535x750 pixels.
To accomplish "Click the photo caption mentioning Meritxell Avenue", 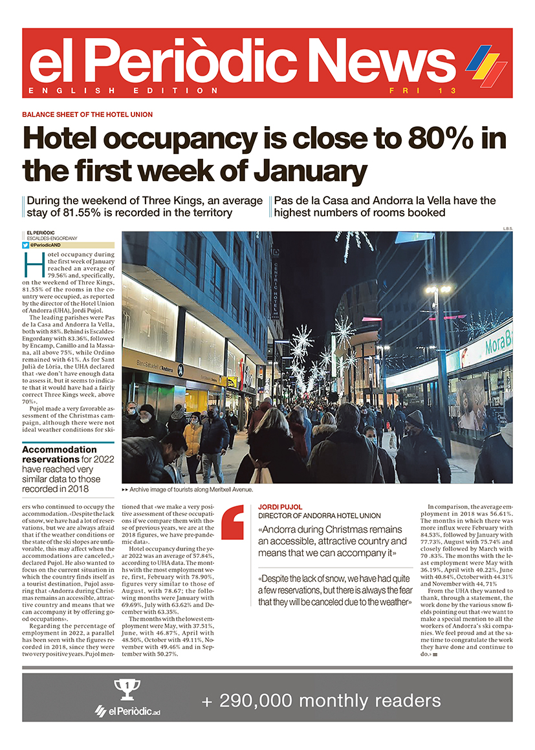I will point(186,489).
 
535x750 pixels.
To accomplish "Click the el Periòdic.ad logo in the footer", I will point(129,711).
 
